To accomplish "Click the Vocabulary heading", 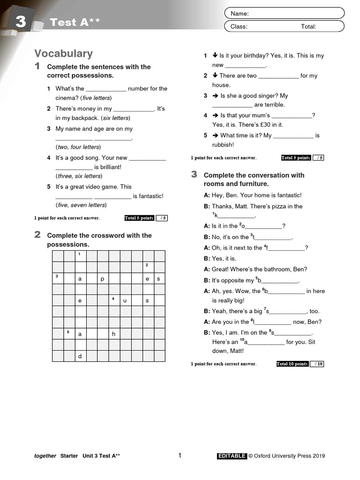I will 63,53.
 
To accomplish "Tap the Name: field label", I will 240,14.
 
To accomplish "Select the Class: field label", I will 239,27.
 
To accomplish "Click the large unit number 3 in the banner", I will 20,21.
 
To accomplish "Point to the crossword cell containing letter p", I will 103,278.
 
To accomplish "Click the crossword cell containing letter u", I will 125,300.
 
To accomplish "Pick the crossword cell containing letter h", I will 114,334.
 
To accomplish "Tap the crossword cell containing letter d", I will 80,356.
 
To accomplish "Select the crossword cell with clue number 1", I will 80,255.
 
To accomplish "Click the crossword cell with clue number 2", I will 148,267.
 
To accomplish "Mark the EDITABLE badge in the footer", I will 232,456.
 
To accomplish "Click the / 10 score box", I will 318,364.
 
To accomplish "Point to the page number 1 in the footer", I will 180,455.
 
